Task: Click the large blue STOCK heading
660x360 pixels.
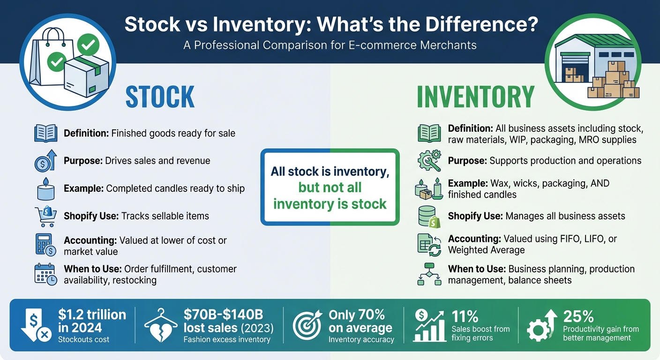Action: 160,97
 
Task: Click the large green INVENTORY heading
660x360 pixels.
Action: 475,97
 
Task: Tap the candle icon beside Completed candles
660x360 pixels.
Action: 45,188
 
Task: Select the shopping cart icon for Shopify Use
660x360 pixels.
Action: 45,216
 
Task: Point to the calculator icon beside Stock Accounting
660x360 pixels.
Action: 45,245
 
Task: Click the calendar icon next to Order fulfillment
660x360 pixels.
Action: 45,274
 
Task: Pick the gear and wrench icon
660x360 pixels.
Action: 429,160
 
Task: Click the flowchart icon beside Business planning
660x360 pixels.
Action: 429,274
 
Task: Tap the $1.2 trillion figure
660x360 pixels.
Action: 92,315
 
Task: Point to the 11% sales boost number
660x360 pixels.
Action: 465,316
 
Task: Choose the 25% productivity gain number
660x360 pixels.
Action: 578,316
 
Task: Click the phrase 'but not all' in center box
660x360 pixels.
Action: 330,188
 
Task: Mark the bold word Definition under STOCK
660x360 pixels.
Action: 86,134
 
